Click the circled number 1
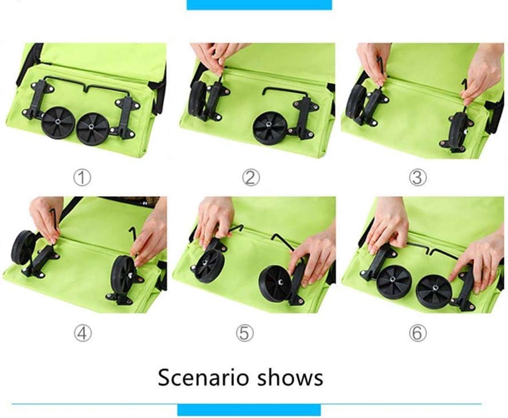tap(82, 178)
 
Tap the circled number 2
tap(251, 178)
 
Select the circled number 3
tap(418, 178)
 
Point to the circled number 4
tap(83, 333)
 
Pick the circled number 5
tap(245, 333)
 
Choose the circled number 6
tap(418, 333)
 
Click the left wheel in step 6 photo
tap(394, 280)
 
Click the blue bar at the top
tap(259, 5)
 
